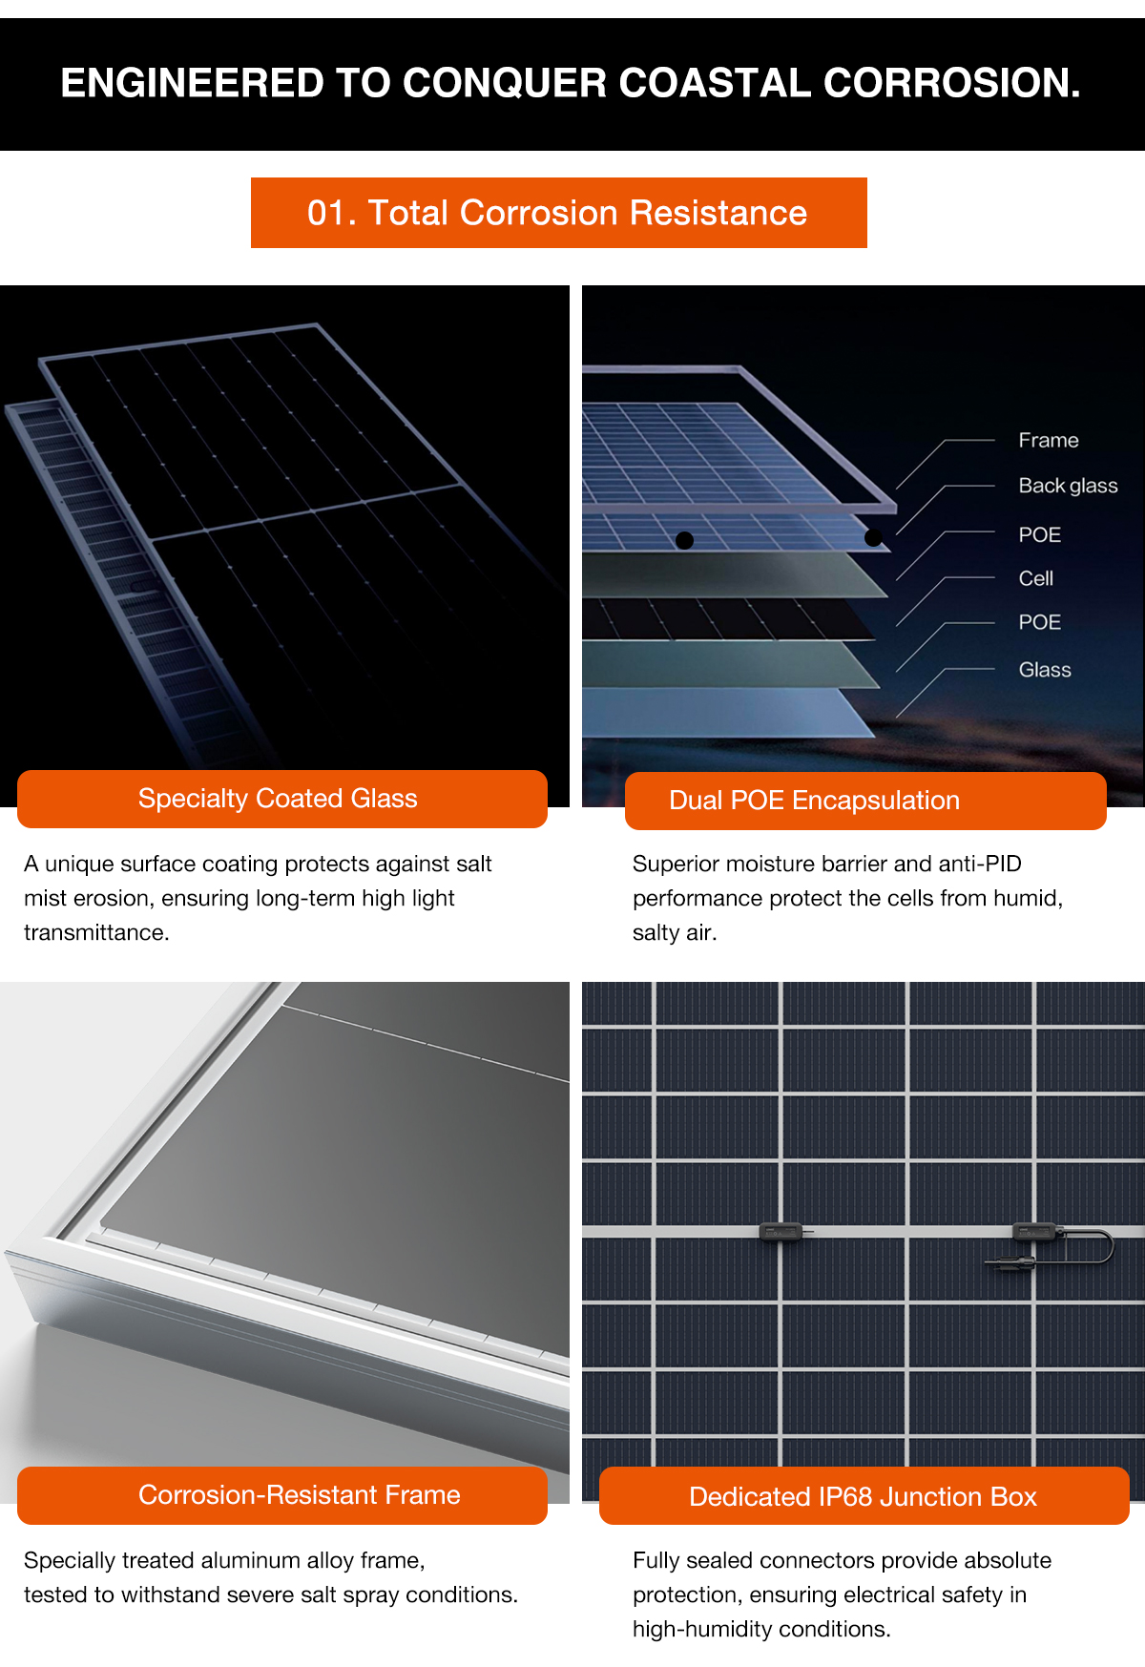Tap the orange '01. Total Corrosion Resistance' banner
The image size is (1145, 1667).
[x=558, y=213]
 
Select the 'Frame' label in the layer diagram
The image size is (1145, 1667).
[x=1049, y=440]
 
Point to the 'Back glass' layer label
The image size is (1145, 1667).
[x=1068, y=486]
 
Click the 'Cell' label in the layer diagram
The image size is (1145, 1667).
[x=1036, y=578]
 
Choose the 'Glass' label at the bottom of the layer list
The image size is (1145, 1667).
[x=1045, y=670]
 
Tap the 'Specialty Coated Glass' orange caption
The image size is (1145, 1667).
[x=282, y=799]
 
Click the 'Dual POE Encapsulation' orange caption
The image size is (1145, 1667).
[x=865, y=801]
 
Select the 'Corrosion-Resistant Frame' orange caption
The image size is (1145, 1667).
[x=282, y=1495]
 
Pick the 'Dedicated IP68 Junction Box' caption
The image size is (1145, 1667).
[x=864, y=1496]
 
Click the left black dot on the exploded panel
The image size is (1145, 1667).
[x=684, y=540]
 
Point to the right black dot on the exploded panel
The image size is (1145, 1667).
[x=873, y=537]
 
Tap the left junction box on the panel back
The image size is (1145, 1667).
[x=782, y=1232]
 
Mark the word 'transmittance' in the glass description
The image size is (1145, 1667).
[x=96, y=932]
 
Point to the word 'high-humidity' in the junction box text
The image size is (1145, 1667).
[x=700, y=1629]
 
